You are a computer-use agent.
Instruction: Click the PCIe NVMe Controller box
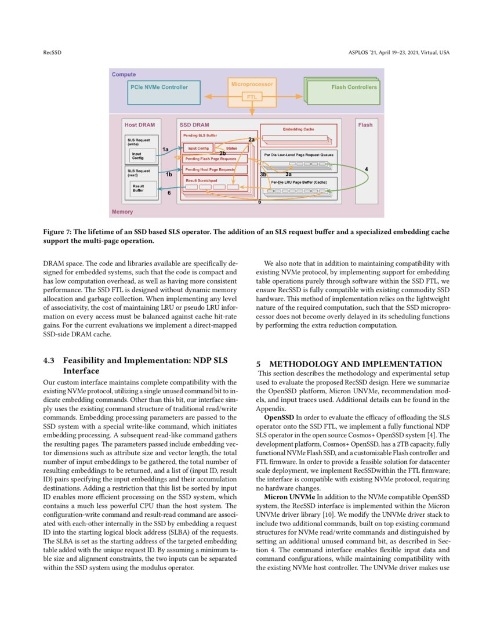158,88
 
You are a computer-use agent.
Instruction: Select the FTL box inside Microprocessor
252,97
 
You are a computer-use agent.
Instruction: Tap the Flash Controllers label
354,88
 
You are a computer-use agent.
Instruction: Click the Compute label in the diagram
124,74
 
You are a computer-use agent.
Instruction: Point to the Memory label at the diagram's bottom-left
122,212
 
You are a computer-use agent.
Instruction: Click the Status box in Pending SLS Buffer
231,148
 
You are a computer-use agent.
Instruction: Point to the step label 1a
165,150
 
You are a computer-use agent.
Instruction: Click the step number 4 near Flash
366,169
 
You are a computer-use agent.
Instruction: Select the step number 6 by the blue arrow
169,193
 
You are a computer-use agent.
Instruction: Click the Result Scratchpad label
200,181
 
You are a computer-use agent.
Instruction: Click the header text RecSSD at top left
52,53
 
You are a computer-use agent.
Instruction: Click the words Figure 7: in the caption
60,232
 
